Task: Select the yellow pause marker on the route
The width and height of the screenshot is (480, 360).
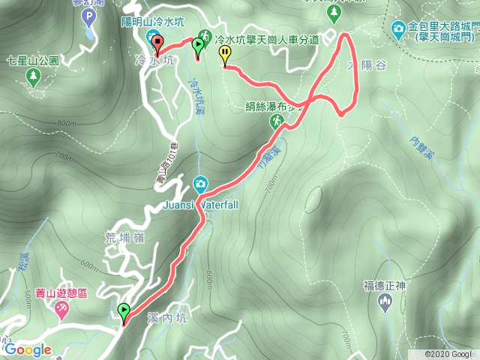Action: [225, 53]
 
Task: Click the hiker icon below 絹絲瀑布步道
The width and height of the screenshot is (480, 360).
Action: [277, 120]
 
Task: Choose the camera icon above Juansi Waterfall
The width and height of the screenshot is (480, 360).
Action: [200, 183]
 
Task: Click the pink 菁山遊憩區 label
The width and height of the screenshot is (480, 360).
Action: [61, 293]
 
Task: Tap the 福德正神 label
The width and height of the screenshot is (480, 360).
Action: [385, 284]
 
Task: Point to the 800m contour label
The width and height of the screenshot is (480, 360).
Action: [66, 124]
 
